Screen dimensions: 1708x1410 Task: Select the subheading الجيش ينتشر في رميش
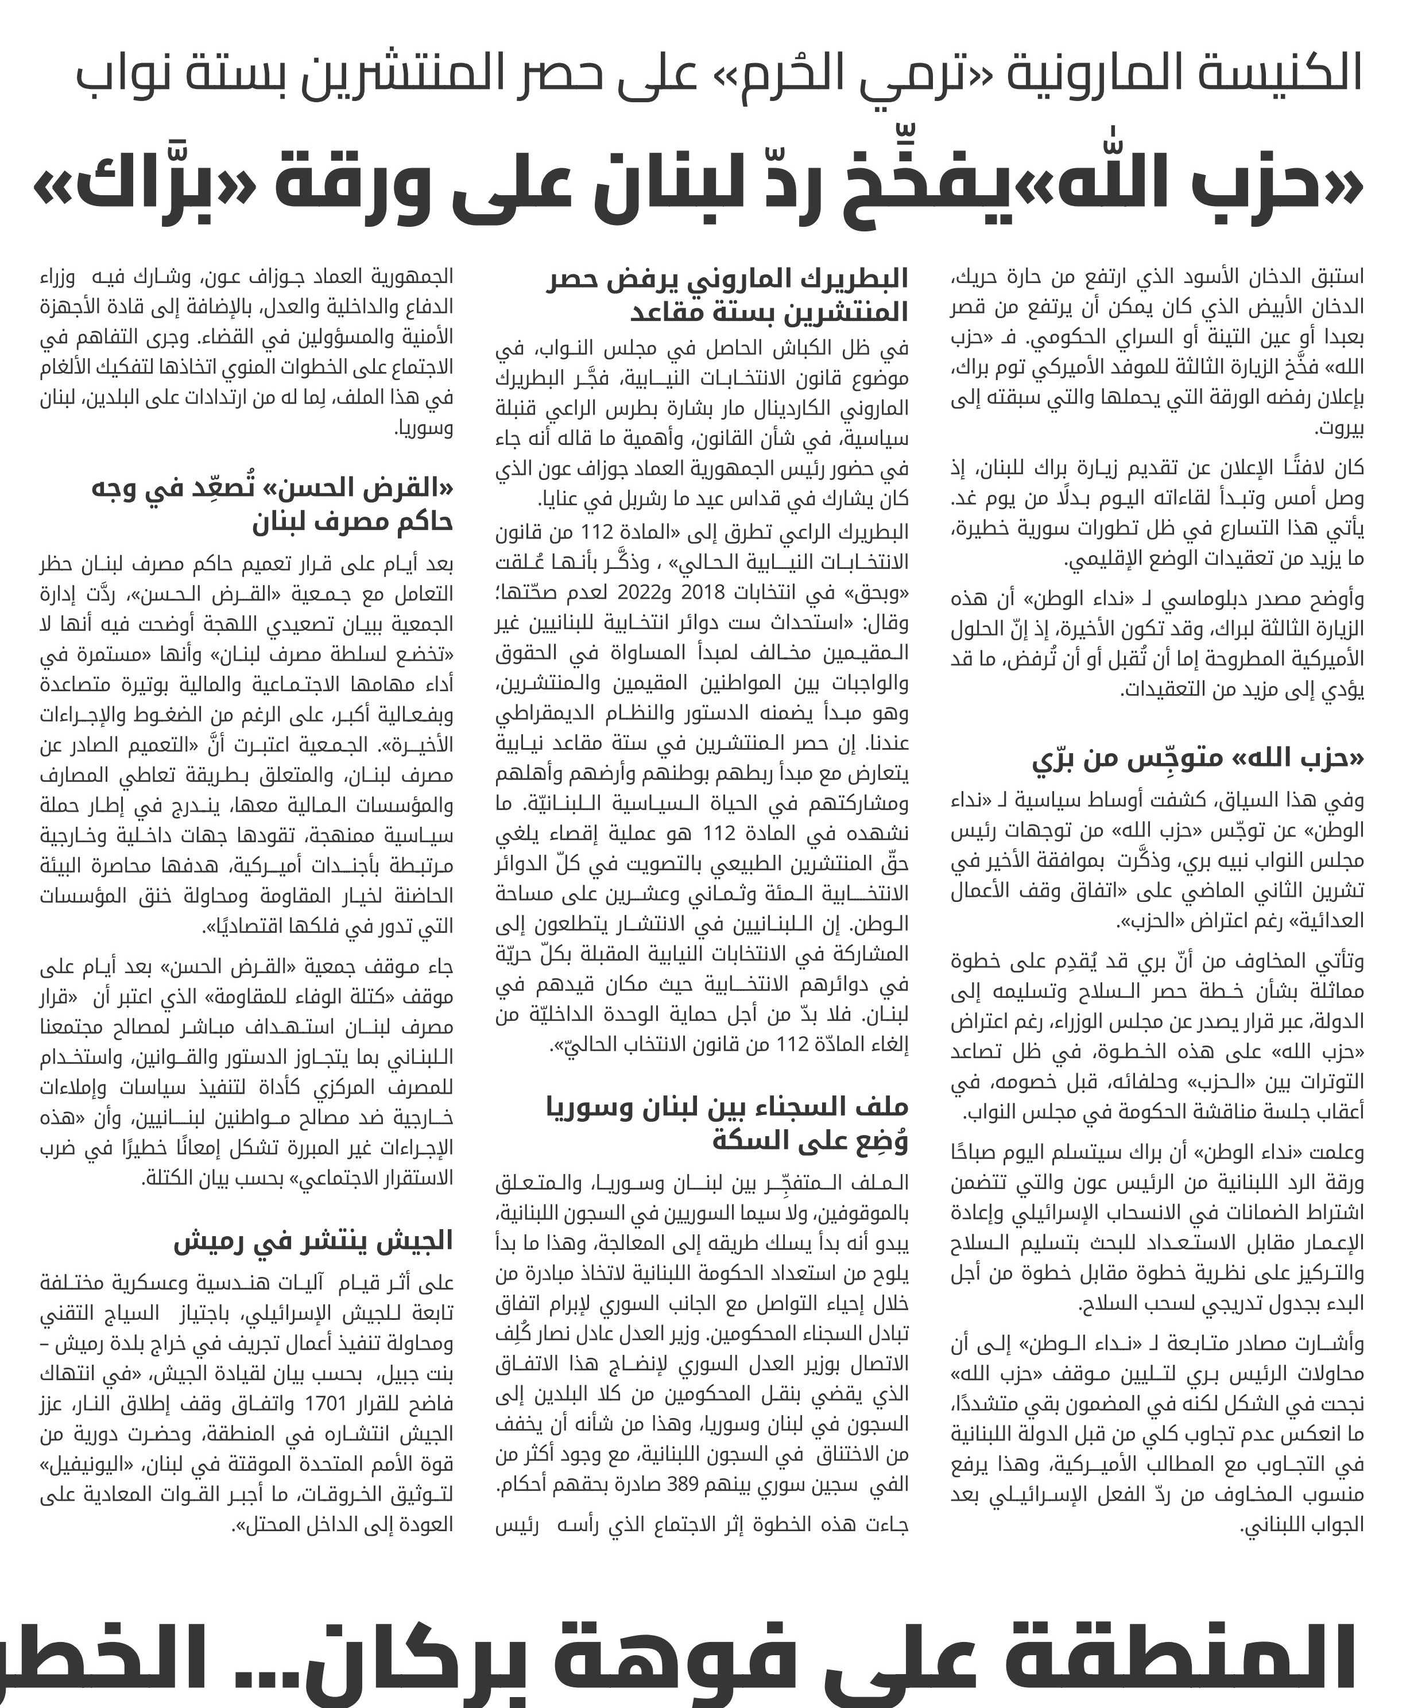pyautogui.click(x=313, y=1241)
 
